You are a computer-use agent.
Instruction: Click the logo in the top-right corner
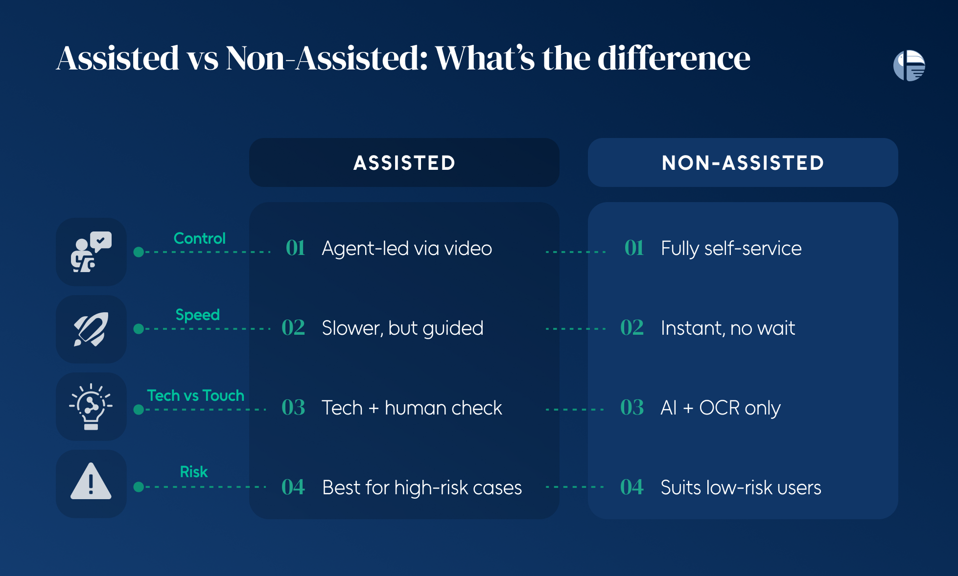click(909, 66)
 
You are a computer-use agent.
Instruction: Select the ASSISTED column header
click(404, 162)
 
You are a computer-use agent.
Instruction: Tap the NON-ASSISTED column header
click(743, 162)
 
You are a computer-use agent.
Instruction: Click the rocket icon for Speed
click(91, 329)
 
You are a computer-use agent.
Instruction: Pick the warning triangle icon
click(91, 482)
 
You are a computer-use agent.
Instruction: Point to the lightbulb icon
click(91, 406)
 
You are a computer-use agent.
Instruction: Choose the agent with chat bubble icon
click(91, 252)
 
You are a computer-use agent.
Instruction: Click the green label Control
click(200, 238)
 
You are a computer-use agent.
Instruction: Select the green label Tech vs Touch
click(196, 395)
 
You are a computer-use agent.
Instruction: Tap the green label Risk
click(194, 472)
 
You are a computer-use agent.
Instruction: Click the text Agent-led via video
click(407, 248)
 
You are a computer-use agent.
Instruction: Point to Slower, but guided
click(402, 328)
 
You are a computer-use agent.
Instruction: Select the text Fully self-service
click(731, 249)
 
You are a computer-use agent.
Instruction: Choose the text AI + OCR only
click(721, 408)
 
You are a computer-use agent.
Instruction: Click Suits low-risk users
click(741, 487)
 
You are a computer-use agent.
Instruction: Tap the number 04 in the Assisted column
click(293, 487)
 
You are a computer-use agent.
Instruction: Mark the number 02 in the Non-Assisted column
click(632, 327)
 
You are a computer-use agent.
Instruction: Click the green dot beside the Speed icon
click(139, 329)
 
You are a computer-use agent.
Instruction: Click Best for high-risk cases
click(422, 487)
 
